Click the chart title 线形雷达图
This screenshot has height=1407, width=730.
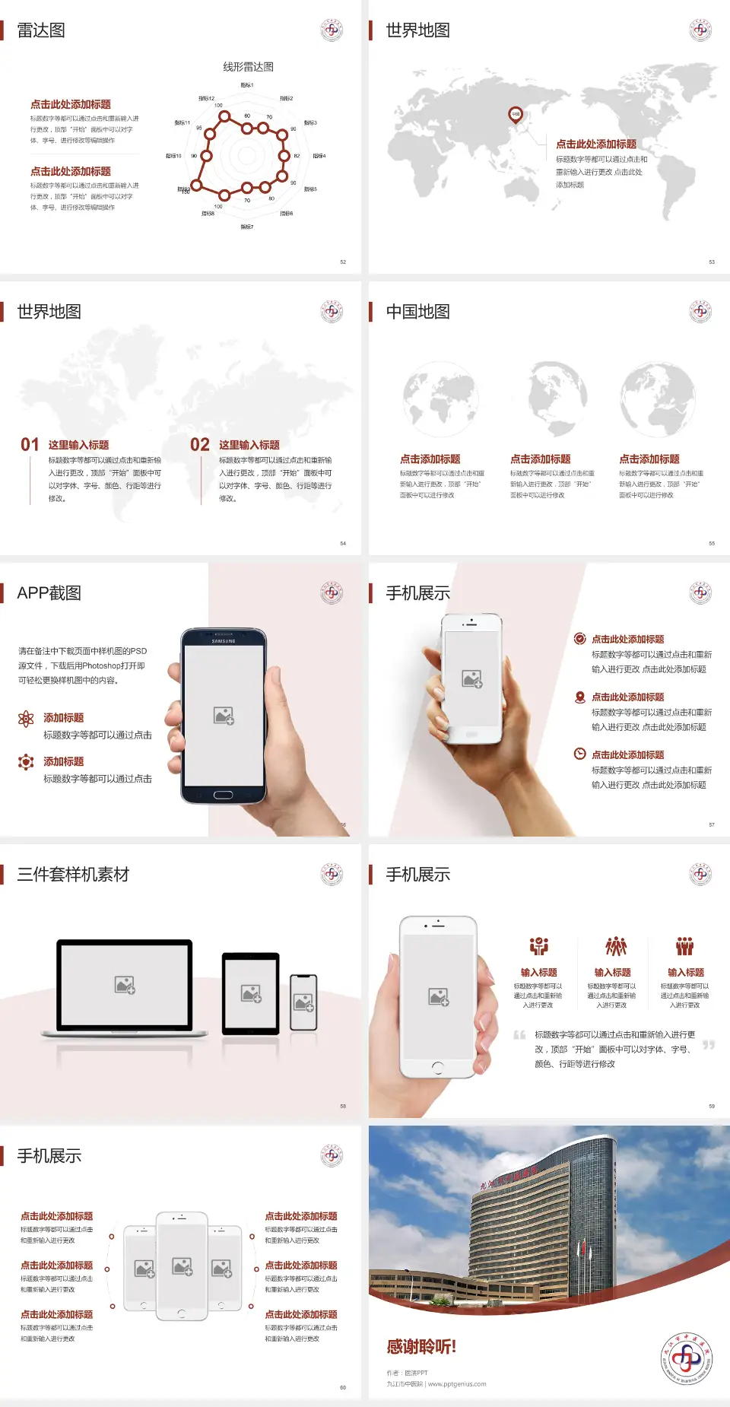point(248,67)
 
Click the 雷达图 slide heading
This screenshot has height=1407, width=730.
point(41,30)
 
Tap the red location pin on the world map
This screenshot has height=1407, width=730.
point(515,115)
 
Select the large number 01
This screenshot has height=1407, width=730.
point(30,445)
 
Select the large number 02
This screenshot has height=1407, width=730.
point(200,445)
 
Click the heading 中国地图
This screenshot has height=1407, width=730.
point(417,312)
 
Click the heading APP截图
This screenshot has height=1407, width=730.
point(49,593)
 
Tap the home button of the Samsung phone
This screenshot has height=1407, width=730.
point(223,795)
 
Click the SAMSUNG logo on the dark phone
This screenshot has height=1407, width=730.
point(224,641)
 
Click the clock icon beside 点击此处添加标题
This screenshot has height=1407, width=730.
point(579,754)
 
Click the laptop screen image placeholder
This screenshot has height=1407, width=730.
point(125,985)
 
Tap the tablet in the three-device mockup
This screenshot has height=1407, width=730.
point(251,993)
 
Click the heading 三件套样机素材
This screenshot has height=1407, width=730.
point(73,875)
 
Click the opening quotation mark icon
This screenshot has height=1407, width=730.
point(519,1034)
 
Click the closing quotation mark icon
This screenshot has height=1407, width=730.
point(709,1045)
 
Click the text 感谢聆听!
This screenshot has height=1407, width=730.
point(421,1347)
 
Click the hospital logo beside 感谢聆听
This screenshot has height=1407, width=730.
point(686,1358)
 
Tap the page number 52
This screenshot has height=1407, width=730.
point(343,262)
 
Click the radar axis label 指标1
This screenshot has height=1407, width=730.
point(247,85)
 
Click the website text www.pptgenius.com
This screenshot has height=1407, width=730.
point(457,1384)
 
